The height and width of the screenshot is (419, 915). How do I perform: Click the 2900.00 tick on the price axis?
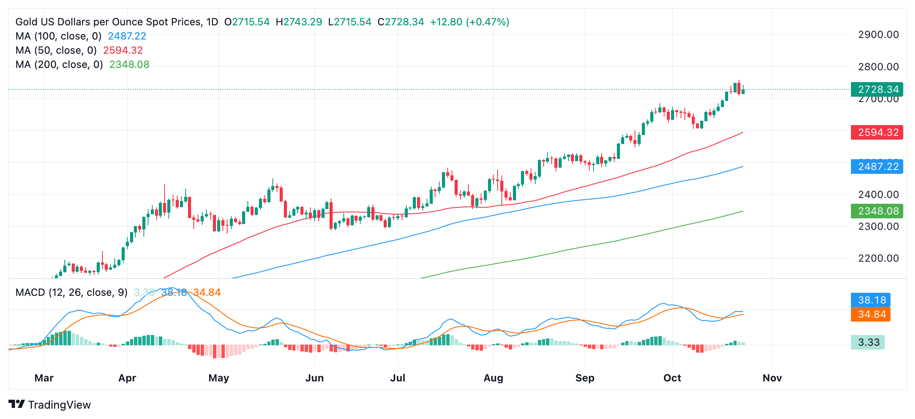[878, 35]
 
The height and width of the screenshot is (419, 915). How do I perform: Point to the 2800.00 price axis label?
[878, 67]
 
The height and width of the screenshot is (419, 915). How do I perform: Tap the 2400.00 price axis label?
[878, 195]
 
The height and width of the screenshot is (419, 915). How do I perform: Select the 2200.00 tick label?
[878, 258]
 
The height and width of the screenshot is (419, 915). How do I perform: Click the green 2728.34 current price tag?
[877, 89]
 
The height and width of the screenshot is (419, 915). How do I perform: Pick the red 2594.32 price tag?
[877, 132]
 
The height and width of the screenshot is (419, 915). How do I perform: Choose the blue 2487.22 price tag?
[877, 167]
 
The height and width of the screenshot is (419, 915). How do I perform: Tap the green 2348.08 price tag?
[877, 211]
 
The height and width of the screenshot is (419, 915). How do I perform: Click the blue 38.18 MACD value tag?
[870, 300]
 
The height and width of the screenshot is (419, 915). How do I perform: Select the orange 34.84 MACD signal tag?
[870, 314]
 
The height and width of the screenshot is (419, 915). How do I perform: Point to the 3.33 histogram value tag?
[867, 342]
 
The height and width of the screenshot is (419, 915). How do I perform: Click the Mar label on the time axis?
[44, 378]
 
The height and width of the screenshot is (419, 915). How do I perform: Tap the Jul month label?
[397, 378]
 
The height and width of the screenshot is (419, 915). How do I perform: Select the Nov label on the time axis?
[772, 378]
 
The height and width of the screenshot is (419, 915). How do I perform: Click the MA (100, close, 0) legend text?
[58, 36]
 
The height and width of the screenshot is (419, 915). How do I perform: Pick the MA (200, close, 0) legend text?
[59, 64]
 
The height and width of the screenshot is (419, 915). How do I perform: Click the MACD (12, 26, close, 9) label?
[71, 292]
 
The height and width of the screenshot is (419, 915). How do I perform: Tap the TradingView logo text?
[59, 405]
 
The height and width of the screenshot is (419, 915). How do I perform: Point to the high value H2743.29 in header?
[299, 22]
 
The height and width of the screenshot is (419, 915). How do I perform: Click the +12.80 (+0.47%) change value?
[470, 22]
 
